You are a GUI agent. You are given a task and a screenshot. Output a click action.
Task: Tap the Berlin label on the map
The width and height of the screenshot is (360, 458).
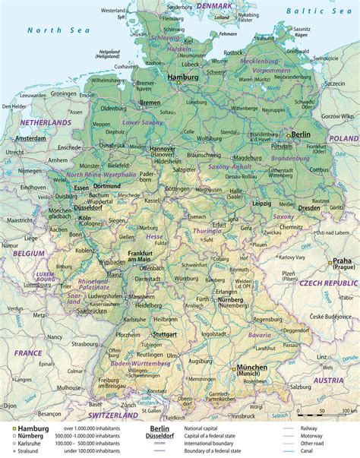[301, 134]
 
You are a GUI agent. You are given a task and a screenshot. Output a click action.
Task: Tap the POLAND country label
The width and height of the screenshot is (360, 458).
[343, 139]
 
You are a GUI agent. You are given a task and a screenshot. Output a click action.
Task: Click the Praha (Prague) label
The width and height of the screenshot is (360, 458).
[343, 262]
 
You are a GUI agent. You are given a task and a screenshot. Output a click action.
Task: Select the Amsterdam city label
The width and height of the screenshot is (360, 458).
[30, 140]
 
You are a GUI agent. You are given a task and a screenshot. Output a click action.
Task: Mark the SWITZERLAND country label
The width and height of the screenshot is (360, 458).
[113, 415]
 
